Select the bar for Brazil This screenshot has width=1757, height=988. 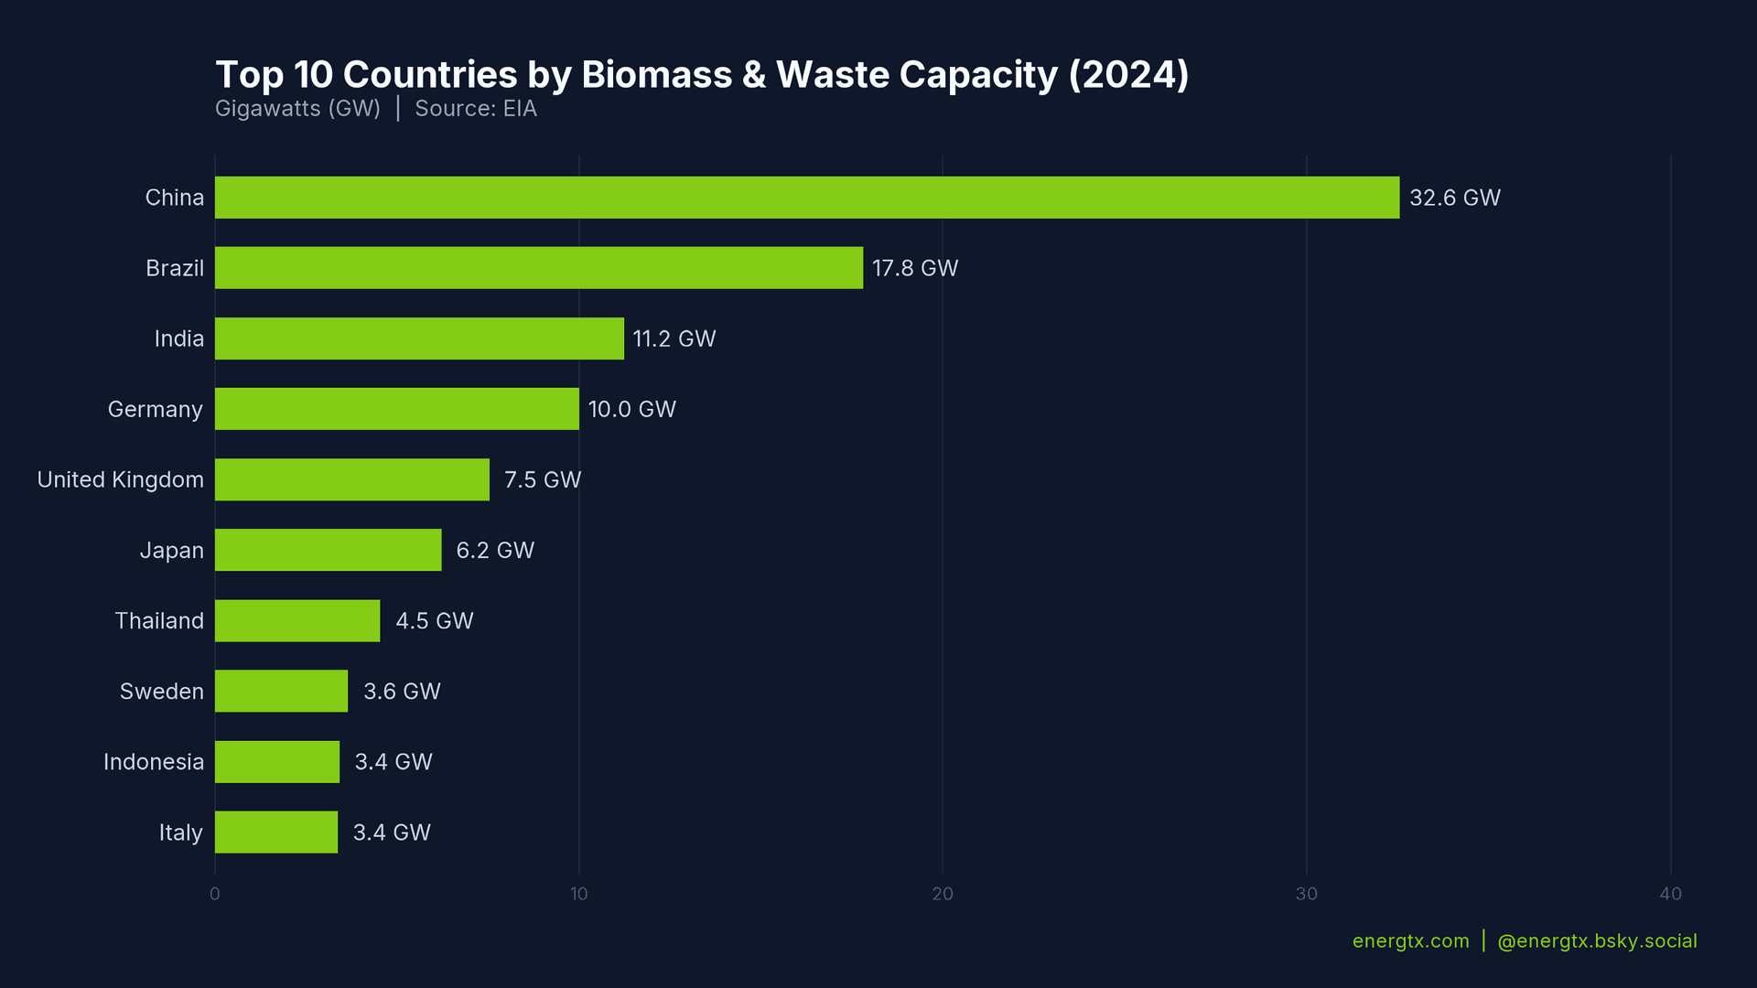point(538,268)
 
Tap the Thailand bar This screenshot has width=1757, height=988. point(297,621)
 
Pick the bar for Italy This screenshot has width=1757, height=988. point(276,832)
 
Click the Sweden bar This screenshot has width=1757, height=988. point(281,692)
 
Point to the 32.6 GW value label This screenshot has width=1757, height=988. point(1454,198)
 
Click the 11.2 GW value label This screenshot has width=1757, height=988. point(674,339)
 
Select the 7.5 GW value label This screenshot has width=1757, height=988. point(543,480)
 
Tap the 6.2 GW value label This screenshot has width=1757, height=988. point(495,551)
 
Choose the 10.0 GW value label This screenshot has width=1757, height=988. point(631,410)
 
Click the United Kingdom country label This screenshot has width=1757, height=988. point(120,480)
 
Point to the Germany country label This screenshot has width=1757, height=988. point(155,410)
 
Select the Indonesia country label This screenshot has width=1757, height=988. point(153,762)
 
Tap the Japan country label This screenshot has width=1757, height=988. point(171,551)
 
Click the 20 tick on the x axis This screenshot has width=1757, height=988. point(943,894)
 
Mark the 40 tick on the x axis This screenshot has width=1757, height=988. point(1670,894)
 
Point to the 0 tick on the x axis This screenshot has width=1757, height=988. point(215,894)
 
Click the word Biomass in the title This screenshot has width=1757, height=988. point(656,75)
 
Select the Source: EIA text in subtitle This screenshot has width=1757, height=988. point(476,109)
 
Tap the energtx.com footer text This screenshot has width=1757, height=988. point(1410,941)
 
